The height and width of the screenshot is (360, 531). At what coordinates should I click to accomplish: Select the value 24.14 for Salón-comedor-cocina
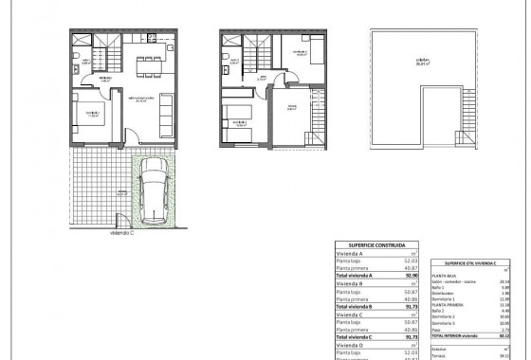pos(504,281)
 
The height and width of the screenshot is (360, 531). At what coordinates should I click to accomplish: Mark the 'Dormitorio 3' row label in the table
pos(449,321)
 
